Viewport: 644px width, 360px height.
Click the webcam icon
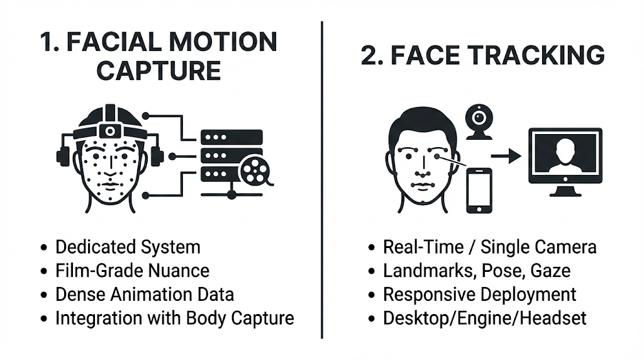click(x=479, y=122)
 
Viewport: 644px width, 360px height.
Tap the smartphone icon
click(x=479, y=191)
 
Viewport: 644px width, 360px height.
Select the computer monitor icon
click(x=565, y=162)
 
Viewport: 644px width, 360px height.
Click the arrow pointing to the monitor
click(x=506, y=155)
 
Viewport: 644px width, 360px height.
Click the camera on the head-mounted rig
click(x=110, y=131)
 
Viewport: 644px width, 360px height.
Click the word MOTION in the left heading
click(x=223, y=42)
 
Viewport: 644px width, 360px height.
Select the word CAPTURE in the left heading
click(x=159, y=70)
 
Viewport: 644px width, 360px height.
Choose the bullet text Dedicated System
click(x=128, y=247)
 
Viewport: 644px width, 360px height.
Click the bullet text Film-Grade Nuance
click(x=132, y=271)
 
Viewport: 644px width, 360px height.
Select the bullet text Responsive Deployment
click(x=479, y=295)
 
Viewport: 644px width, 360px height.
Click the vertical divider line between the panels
click(x=322, y=180)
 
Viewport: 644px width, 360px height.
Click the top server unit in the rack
click(x=231, y=137)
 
